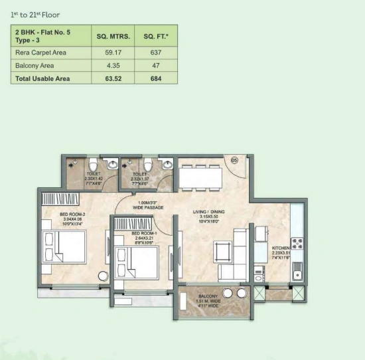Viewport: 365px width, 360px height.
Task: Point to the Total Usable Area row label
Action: pos(42,78)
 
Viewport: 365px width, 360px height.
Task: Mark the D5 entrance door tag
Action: pos(234,161)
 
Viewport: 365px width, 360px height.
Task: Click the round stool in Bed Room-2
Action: pos(103,275)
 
